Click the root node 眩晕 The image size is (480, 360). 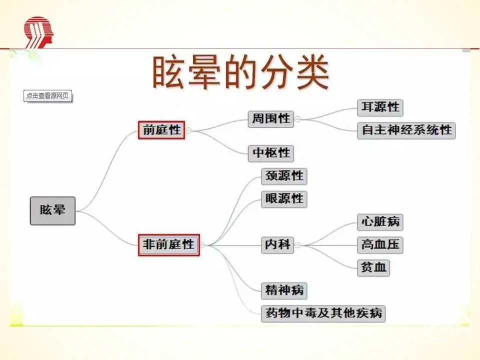point(52,210)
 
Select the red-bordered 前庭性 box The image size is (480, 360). point(161,130)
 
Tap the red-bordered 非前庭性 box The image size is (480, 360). point(168,245)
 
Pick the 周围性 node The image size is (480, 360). point(271,119)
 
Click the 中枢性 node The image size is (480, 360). point(271,153)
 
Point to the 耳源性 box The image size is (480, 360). point(380,107)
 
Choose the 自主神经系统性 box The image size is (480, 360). point(406,130)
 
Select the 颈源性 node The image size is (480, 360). point(284,176)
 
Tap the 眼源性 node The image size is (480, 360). point(284,199)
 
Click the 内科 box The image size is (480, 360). point(277,245)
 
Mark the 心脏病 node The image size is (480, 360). point(380,222)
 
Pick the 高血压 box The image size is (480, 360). point(380,245)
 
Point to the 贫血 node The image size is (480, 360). point(373,268)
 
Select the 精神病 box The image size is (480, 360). point(284,291)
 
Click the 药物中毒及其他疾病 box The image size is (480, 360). point(323,314)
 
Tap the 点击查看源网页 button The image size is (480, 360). point(48,96)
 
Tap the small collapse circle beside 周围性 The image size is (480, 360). point(297,119)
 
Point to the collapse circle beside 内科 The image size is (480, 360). point(297,245)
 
